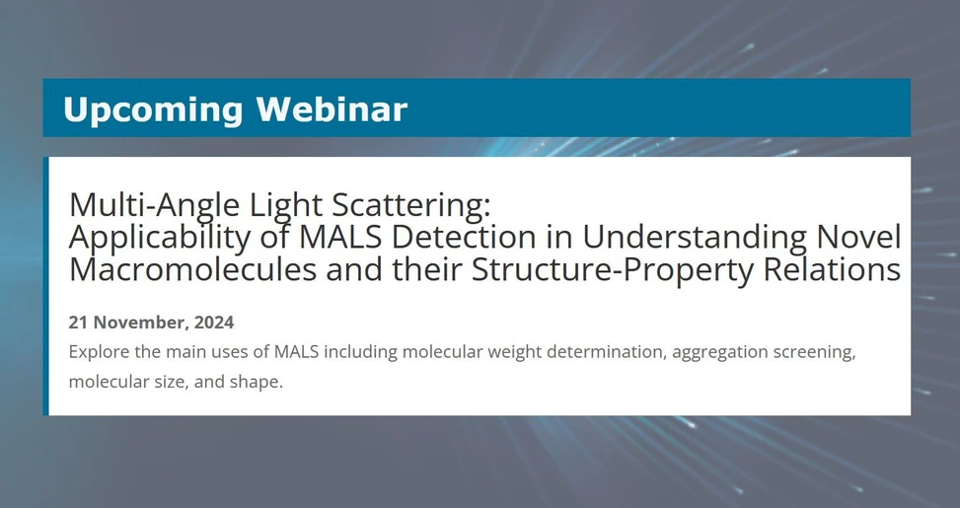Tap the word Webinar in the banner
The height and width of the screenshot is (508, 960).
[x=332, y=109]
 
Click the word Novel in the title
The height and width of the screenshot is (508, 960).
[x=858, y=237]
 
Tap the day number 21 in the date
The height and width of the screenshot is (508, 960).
[x=79, y=323]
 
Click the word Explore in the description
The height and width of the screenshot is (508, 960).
[x=100, y=352]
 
